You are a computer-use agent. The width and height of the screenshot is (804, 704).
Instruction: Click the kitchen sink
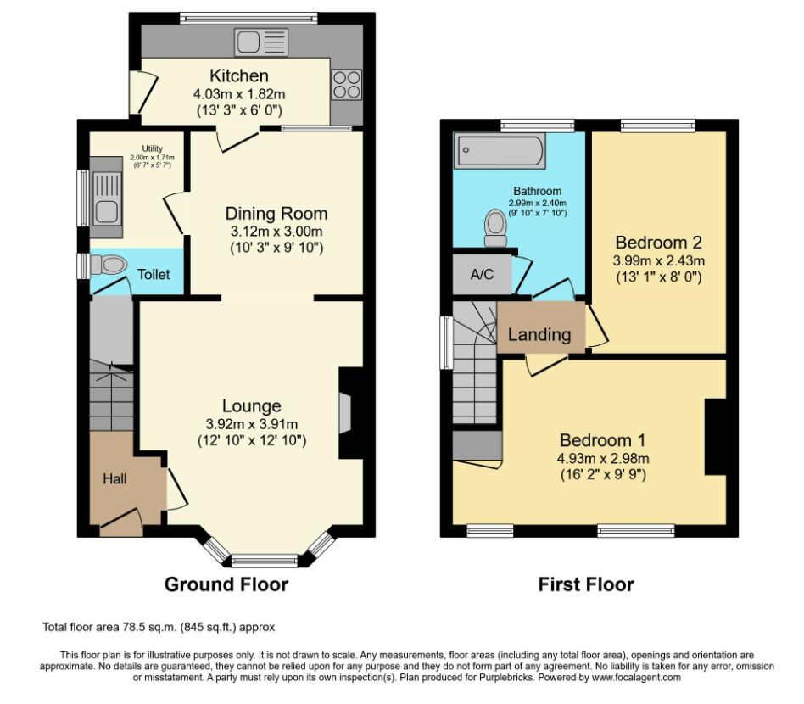[x=262, y=40]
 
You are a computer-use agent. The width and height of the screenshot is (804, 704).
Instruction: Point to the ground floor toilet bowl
[x=110, y=265]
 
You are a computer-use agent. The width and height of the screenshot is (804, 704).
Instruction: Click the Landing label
[x=539, y=334]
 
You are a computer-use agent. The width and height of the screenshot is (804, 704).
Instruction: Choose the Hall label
[x=115, y=479]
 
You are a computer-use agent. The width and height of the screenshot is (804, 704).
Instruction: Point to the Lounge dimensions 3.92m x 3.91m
[x=251, y=424]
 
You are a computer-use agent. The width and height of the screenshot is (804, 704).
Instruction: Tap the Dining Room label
[x=276, y=214]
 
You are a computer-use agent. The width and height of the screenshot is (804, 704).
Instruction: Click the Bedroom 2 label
[x=658, y=242]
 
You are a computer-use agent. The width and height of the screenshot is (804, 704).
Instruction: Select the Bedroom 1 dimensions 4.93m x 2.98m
[x=602, y=458]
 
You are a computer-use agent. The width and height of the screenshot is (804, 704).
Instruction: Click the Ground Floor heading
[x=226, y=584]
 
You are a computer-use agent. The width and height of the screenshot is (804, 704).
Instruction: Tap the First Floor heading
[x=586, y=584]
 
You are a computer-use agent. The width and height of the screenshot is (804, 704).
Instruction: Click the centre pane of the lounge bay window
[x=265, y=560]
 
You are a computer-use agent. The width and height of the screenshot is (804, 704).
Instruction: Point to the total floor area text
[x=159, y=628]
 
